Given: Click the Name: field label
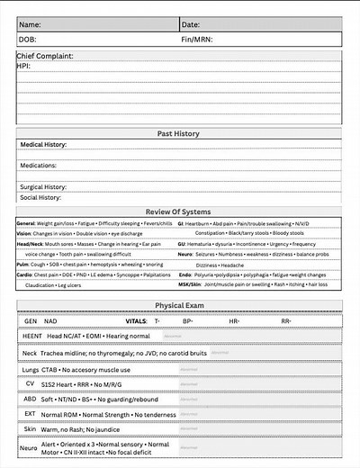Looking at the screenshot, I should click(31, 24).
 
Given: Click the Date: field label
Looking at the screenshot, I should click(191, 24).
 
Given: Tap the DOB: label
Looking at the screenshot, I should click(29, 40).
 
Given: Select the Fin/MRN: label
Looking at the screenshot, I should click(197, 40).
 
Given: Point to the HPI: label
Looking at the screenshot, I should click(24, 66).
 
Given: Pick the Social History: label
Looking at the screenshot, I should click(40, 197).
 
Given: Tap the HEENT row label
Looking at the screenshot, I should click(31, 335).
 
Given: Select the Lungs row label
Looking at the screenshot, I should click(31, 369).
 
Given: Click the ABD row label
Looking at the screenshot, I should click(30, 400).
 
